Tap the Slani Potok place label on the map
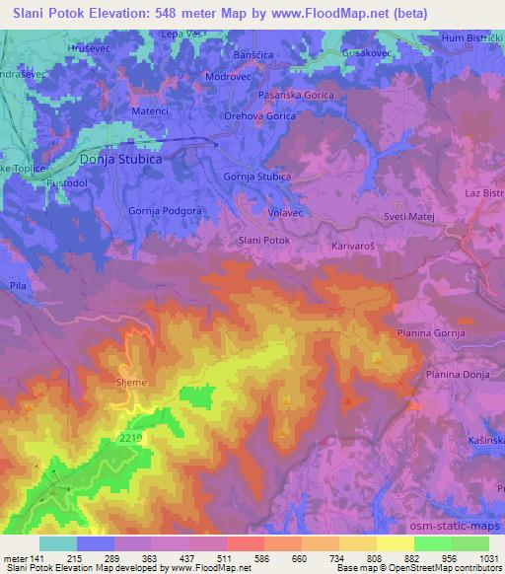point(264,240)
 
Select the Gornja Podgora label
point(166,210)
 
